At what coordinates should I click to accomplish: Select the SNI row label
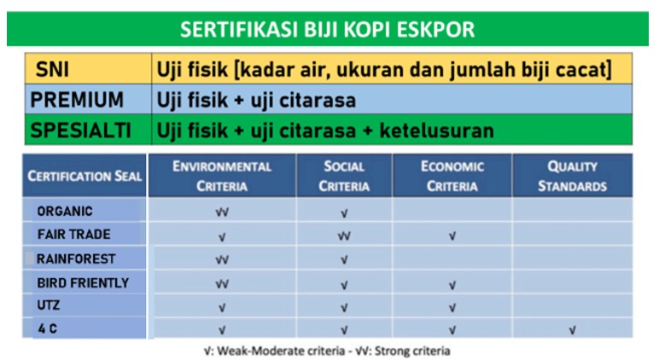pyautogui.click(x=52, y=69)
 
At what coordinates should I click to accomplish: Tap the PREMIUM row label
pyautogui.click(x=77, y=100)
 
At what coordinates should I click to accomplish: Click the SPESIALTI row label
pyautogui.click(x=80, y=131)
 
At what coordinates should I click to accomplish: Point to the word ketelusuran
pyautogui.click(x=437, y=131)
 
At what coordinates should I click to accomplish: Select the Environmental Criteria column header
pyautogui.click(x=222, y=176)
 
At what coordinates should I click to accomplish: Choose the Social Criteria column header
pyautogui.click(x=344, y=176)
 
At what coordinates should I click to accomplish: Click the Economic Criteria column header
pyautogui.click(x=452, y=176)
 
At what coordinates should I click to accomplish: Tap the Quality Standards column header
pyautogui.click(x=573, y=176)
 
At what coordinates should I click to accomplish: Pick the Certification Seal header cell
pyautogui.click(x=85, y=176)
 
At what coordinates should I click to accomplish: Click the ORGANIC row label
pyautogui.click(x=65, y=211)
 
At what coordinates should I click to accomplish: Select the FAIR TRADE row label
pyautogui.click(x=74, y=234)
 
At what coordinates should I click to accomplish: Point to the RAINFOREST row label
pyautogui.click(x=76, y=258)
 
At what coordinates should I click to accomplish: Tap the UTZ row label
pyautogui.click(x=49, y=305)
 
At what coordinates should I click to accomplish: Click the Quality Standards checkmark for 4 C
pyautogui.click(x=572, y=331)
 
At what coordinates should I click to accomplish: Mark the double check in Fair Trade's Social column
pyautogui.click(x=344, y=236)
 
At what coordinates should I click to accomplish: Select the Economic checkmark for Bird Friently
pyautogui.click(x=452, y=286)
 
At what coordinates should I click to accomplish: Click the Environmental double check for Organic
pyautogui.click(x=222, y=212)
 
